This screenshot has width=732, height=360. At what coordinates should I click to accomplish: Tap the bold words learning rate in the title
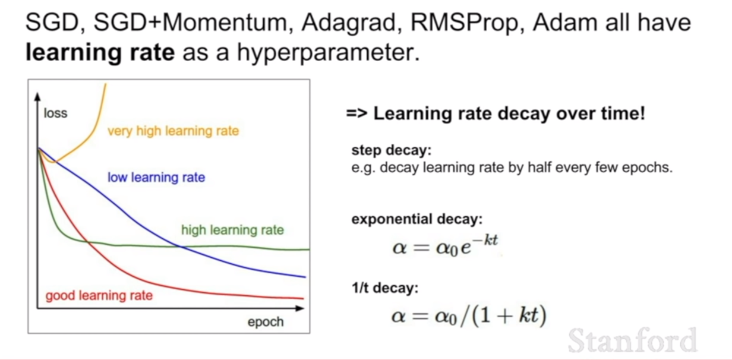100,53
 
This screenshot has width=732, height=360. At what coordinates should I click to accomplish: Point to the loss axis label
56,113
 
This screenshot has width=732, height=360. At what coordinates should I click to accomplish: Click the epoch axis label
266,322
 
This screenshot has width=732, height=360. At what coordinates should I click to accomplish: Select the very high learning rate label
173,131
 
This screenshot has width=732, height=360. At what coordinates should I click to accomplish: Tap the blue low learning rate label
156,178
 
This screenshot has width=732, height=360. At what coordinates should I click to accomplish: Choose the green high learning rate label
232,230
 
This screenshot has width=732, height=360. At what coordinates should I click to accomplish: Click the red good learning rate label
99,296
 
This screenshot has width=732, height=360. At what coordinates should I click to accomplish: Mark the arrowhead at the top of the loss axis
37,97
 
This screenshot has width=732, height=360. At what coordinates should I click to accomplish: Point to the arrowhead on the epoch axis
299,308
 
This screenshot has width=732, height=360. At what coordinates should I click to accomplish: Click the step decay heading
392,151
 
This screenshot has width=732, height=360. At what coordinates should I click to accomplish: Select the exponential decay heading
417,219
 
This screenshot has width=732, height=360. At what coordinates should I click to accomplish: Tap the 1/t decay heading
385,288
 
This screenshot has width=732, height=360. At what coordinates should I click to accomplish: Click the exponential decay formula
445,246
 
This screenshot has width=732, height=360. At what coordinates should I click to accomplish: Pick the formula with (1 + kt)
469,316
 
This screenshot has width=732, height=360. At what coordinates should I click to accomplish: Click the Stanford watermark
633,340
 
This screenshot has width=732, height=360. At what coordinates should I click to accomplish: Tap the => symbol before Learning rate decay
357,113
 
